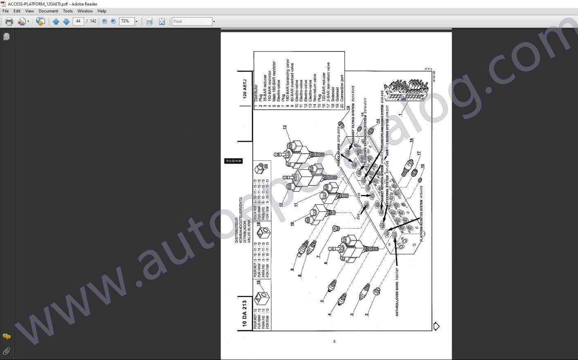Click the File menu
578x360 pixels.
click(5, 11)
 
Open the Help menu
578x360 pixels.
click(102, 11)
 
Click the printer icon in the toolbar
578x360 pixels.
click(9, 21)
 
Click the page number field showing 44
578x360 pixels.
click(78, 21)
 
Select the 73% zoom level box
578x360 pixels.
click(126, 21)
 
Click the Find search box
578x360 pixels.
click(191, 21)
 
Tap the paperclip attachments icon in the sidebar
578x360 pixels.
click(7, 351)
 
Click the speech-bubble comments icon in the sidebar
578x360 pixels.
click(7, 336)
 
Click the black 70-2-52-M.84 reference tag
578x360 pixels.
click(233, 161)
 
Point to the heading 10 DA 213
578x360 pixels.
click(245, 313)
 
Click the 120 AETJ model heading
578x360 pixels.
click(245, 89)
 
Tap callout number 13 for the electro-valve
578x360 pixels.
click(285, 128)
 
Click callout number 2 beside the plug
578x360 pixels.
click(367, 314)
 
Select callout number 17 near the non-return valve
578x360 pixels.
click(418, 153)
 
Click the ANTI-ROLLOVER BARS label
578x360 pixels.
click(397, 299)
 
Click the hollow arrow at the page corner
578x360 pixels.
click(436, 326)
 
